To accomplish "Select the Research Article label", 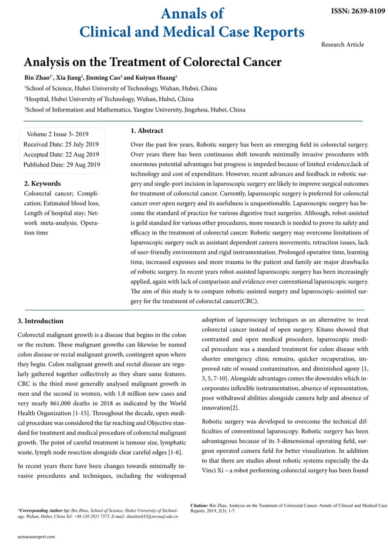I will [342, 44].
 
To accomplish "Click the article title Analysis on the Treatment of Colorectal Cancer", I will [152, 62].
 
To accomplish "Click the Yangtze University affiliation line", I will [134, 110].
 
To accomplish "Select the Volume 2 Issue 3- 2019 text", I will [58, 134].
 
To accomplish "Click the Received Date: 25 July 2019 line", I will [61, 144].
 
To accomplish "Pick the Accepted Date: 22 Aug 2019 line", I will [61, 155].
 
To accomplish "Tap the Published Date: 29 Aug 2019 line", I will [61, 164].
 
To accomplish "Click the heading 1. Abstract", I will [147, 130].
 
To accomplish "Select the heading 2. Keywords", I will [42, 183].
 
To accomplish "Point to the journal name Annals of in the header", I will [192, 13].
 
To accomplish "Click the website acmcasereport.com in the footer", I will [36, 536].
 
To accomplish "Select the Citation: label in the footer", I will [200, 505].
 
